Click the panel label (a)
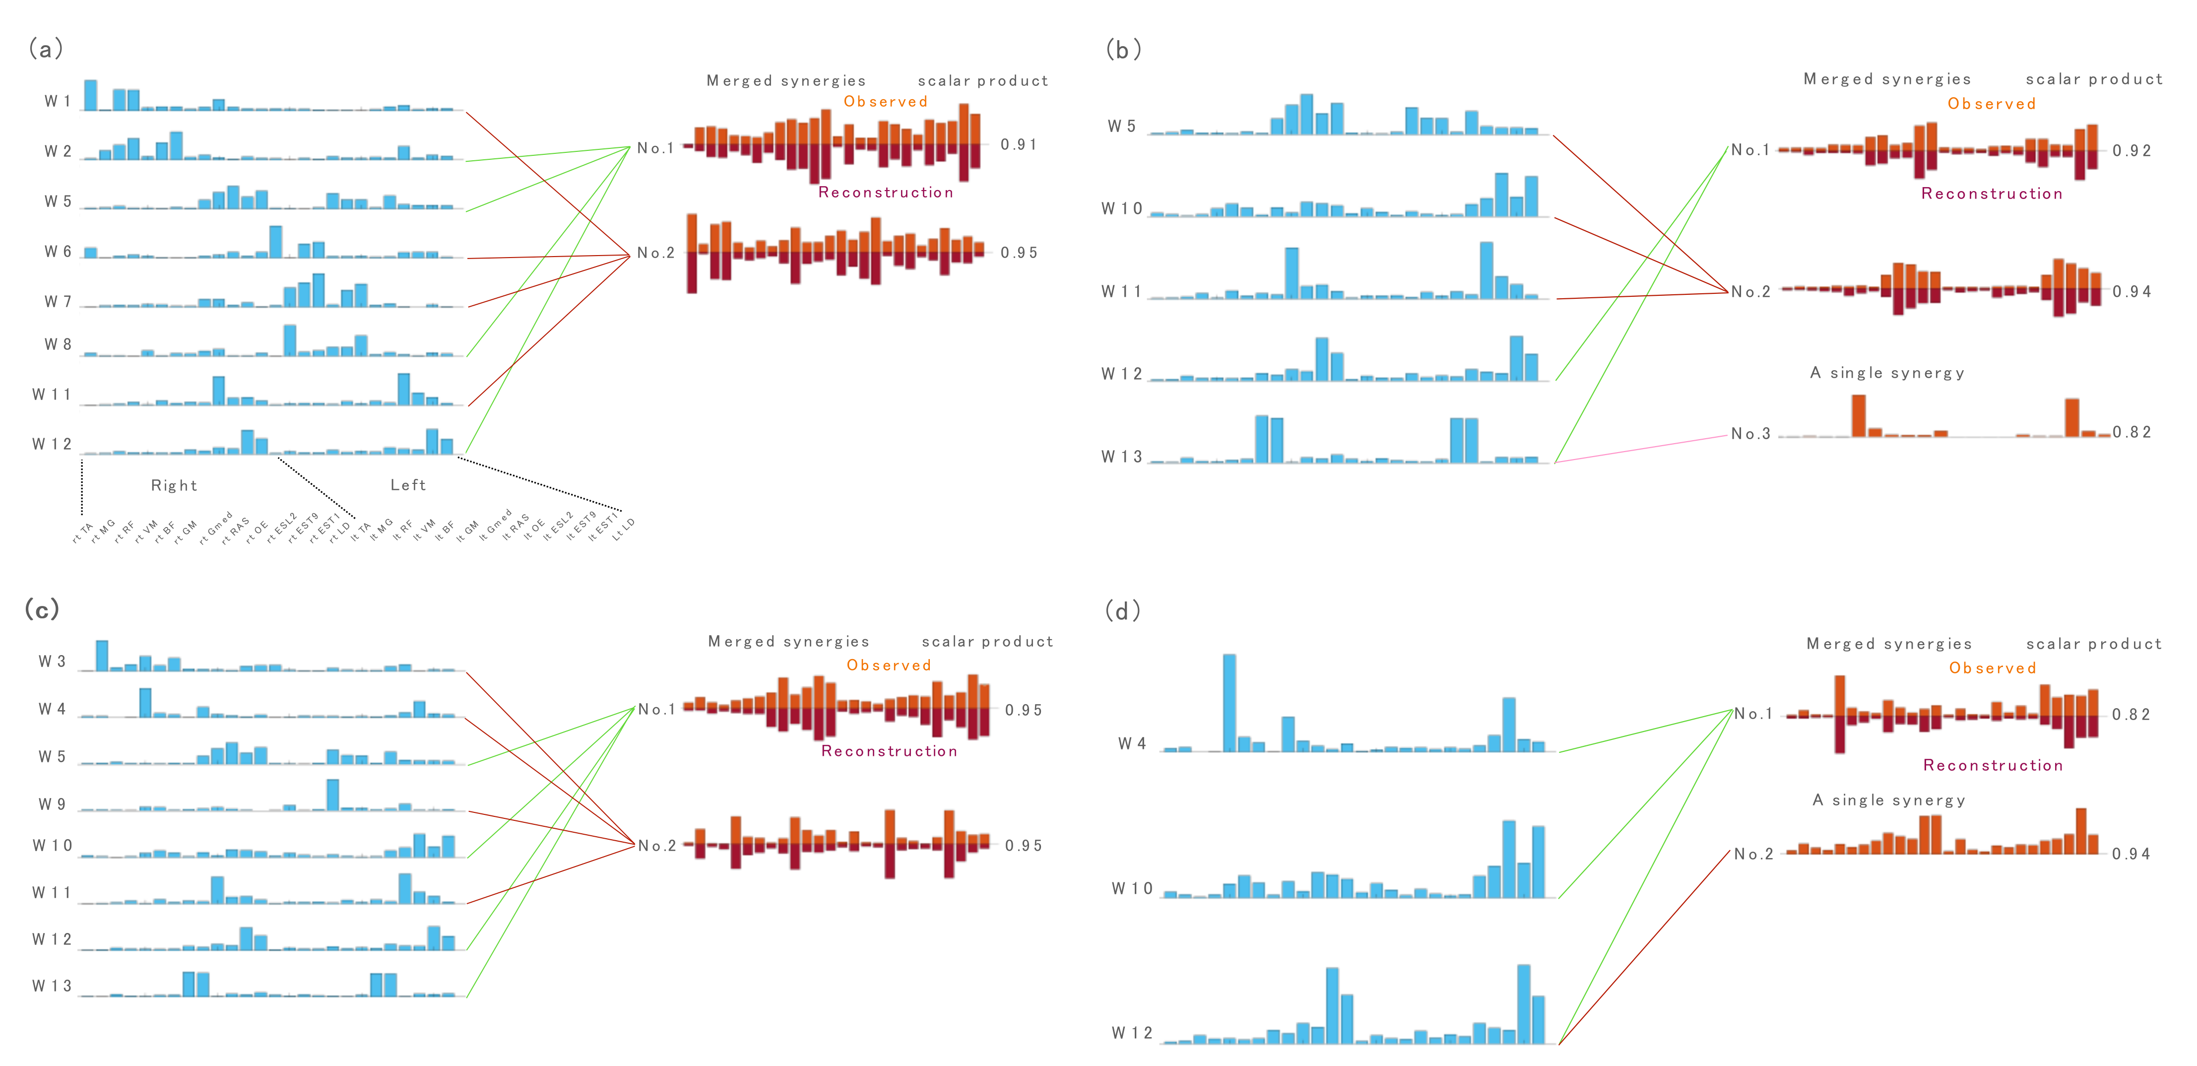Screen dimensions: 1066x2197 pos(45,49)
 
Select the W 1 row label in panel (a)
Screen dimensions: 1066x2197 pos(57,101)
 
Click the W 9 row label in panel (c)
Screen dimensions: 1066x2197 pos(52,804)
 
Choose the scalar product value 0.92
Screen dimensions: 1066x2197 pos(2132,151)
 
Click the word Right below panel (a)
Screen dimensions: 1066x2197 pos(174,485)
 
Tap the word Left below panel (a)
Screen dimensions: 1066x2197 pos(408,484)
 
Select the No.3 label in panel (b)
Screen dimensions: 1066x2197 pos(1750,434)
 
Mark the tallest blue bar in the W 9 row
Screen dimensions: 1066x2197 pos(332,794)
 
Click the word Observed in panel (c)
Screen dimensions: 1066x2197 pos(889,665)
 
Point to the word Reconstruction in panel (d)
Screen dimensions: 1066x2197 pos(1992,765)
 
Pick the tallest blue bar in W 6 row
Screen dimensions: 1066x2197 pos(275,241)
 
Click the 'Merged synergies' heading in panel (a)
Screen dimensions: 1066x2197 pos(785,81)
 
